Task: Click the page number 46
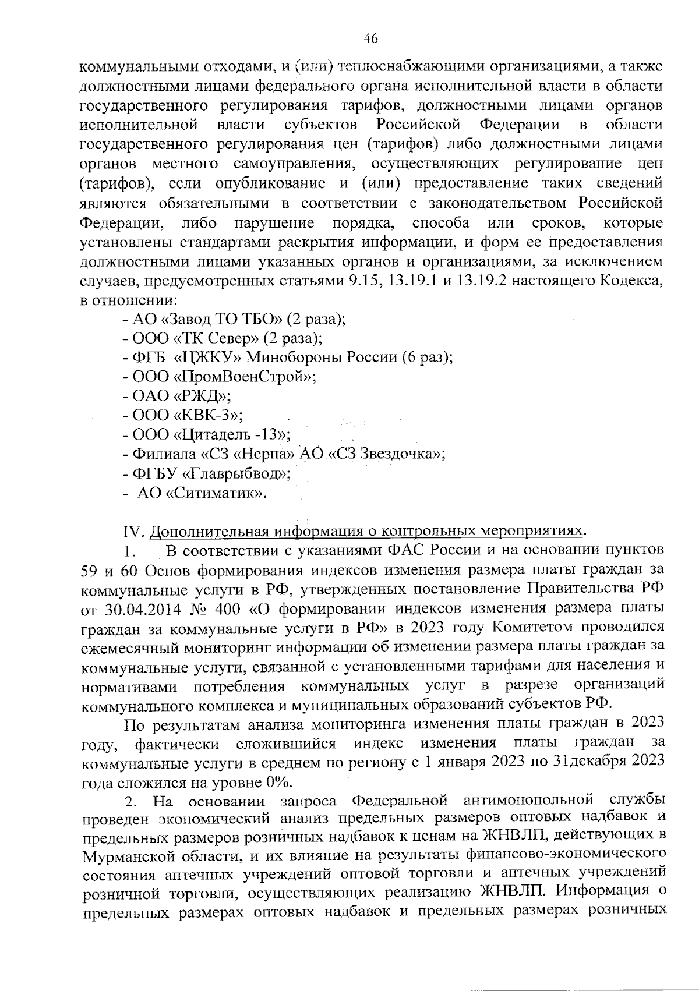click(x=370, y=39)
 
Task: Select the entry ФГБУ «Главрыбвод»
click(x=207, y=474)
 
